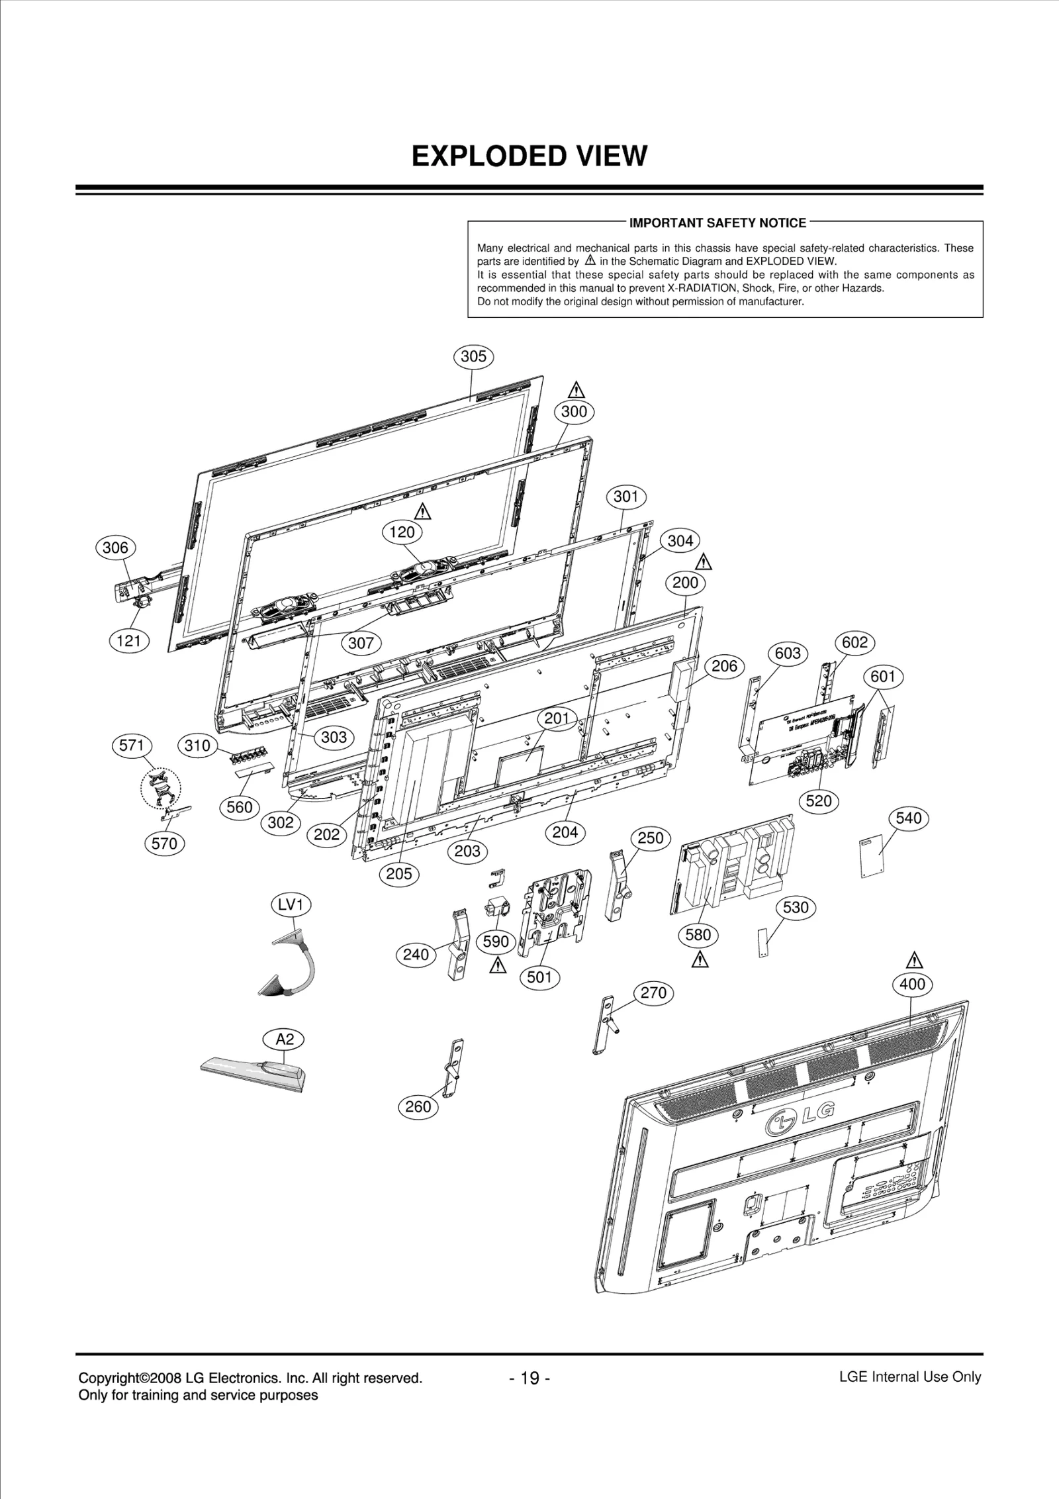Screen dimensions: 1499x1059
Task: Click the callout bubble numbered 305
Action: click(x=473, y=356)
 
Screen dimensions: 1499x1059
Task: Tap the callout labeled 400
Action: click(x=911, y=984)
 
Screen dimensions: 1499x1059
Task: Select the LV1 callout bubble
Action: click(x=291, y=904)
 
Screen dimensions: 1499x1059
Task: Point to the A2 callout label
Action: click(x=285, y=1040)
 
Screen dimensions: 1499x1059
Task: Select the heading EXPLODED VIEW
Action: click(x=529, y=156)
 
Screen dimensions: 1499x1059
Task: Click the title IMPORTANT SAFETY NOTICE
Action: click(x=717, y=223)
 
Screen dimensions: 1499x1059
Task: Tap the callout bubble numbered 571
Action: click(x=131, y=746)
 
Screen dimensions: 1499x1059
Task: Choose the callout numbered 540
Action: click(x=908, y=818)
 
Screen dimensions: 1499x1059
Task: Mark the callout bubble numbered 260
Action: click(x=418, y=1106)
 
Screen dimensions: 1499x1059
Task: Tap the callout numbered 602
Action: click(x=854, y=642)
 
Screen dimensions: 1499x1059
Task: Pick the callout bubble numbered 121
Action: click(x=128, y=641)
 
